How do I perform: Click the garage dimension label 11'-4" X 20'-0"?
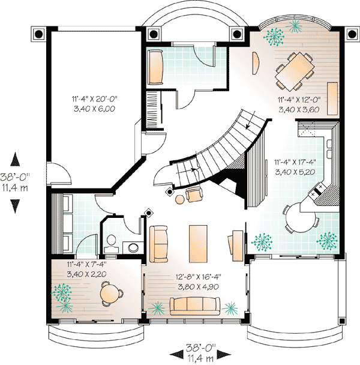pos(94,99)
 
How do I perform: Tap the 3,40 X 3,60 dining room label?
pos(299,110)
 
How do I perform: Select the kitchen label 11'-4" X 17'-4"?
pos(295,162)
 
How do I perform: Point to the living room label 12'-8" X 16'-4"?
pos(198,277)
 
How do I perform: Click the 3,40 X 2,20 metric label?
pos(86,274)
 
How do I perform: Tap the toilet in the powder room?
pos(111,244)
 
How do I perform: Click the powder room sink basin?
pos(133,248)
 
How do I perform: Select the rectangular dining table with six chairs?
pos(295,71)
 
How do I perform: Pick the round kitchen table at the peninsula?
pos(301,217)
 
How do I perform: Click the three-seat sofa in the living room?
pos(194,306)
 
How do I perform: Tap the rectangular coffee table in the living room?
pos(198,244)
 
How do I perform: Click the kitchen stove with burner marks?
pos(317,190)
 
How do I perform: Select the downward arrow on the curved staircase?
pos(251,119)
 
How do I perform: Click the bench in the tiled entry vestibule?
pos(155,67)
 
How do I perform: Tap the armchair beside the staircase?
pos(194,195)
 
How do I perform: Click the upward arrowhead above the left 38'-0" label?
pos(16,159)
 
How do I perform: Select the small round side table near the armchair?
pos(179,200)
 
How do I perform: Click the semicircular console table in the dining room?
pos(256,63)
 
